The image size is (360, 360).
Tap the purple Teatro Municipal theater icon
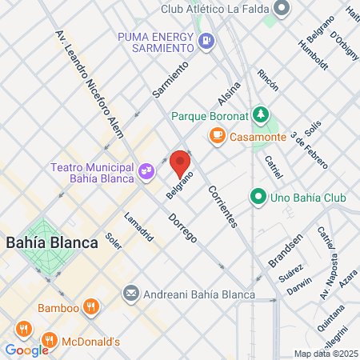pos(146,170)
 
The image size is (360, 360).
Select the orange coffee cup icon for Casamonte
pos(216,136)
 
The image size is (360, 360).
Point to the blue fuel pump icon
pos(206,39)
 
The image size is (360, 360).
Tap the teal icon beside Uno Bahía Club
pos(258,196)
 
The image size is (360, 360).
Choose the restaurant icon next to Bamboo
pos(92,307)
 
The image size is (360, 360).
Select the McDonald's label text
pos(92,342)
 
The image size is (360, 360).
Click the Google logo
pos(26,350)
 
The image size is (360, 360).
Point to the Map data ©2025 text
pos(325,354)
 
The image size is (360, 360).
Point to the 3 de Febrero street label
pos(310,150)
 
